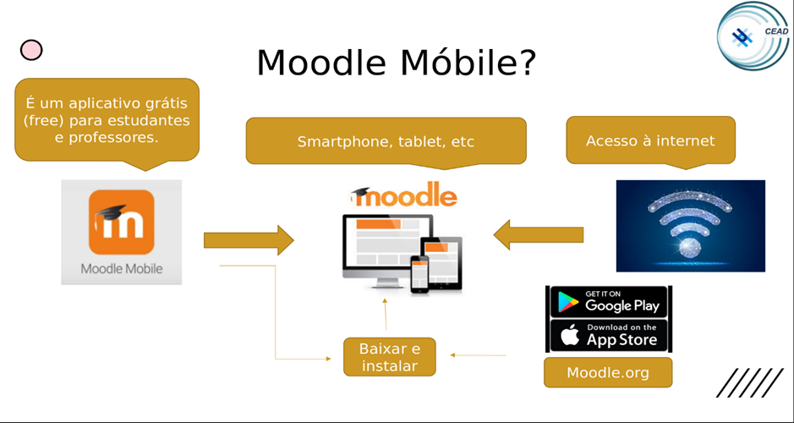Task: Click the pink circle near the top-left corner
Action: click(x=31, y=50)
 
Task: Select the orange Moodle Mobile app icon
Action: click(x=122, y=222)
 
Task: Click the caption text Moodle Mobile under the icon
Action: click(x=122, y=268)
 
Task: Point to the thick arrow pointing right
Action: click(x=249, y=240)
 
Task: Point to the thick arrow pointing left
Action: click(x=539, y=234)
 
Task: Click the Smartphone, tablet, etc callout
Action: click(x=386, y=142)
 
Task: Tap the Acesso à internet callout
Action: click(x=651, y=141)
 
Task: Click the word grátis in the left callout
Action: click(x=164, y=103)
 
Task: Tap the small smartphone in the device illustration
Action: click(x=419, y=273)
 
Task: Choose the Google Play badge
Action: click(x=609, y=302)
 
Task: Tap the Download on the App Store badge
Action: click(x=609, y=335)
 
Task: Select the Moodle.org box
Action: click(x=608, y=372)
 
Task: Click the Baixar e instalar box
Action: click(x=390, y=357)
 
